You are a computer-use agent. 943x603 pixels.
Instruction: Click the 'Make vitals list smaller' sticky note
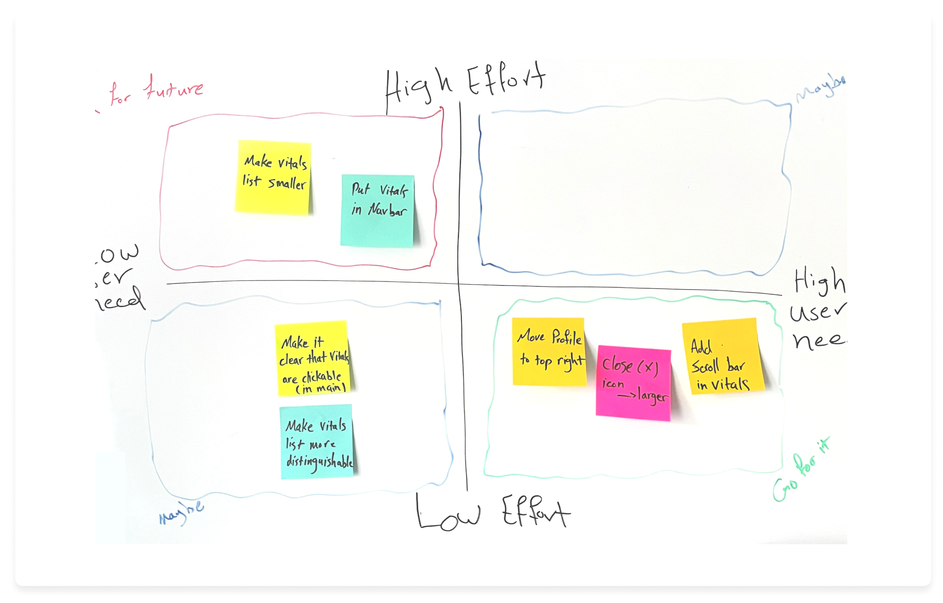273,176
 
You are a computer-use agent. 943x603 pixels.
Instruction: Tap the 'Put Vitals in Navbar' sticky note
378,210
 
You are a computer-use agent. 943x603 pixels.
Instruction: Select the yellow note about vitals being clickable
313,359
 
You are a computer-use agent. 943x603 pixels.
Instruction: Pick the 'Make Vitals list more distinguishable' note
317,442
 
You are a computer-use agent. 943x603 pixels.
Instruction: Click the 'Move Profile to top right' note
549,351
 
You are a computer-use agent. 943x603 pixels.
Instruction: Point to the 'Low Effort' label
492,512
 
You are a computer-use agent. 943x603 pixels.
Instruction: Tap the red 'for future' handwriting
157,91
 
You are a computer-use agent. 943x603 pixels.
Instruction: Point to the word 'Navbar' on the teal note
387,210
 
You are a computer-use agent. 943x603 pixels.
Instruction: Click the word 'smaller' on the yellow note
287,183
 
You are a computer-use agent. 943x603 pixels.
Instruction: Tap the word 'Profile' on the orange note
566,338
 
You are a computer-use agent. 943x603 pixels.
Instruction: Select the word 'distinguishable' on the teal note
319,462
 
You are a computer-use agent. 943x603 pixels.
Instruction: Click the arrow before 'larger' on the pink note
626,396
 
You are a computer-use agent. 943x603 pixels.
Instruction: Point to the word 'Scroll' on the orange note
705,367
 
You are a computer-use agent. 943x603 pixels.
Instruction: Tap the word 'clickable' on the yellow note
321,377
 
